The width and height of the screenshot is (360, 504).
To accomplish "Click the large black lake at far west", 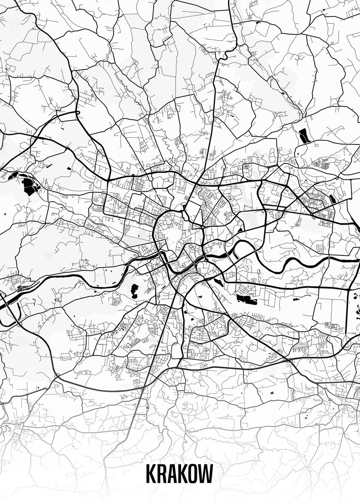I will tap(29, 186).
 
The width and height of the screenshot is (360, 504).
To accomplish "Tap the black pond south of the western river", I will tap(134, 291).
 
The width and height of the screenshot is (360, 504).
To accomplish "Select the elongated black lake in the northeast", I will tap(303, 136).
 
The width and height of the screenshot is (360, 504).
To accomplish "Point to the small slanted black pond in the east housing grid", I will tap(333, 199).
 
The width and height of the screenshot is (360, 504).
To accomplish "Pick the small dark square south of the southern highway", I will tap(272, 392).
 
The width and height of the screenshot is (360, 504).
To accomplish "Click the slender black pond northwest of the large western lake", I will tap(13, 175).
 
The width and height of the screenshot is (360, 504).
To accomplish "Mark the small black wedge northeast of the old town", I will tap(239, 230).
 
